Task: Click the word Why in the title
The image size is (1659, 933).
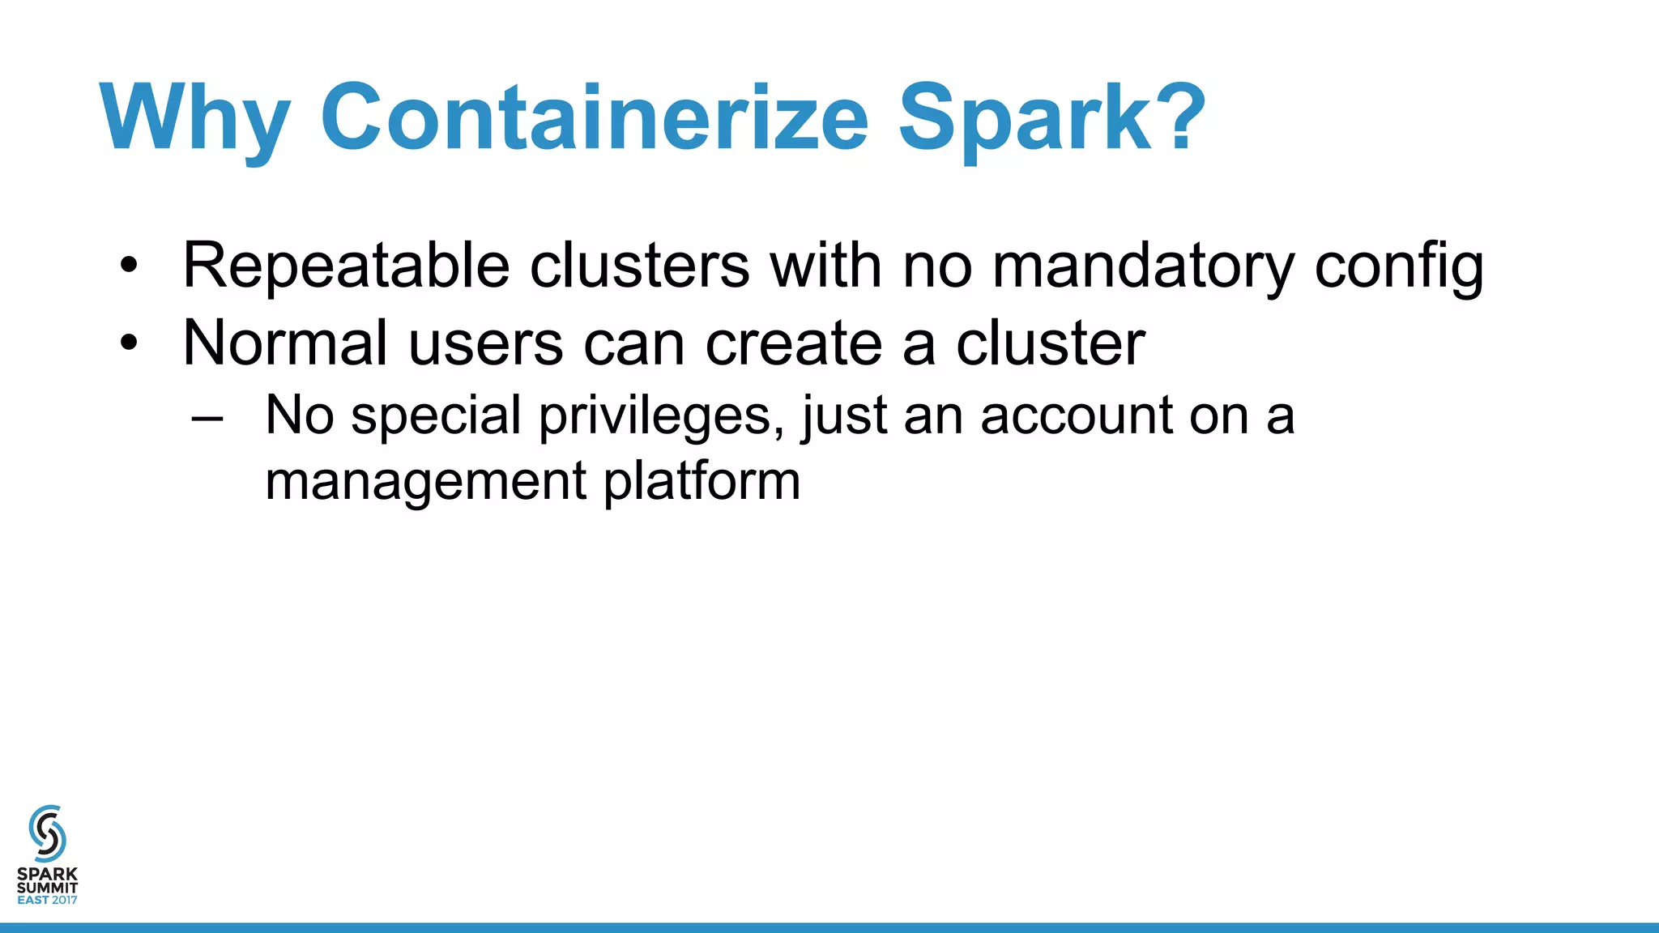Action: (x=194, y=117)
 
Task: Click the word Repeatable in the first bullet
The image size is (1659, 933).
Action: (x=346, y=266)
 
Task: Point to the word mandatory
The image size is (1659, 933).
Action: (x=1143, y=266)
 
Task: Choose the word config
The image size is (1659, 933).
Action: (x=1399, y=267)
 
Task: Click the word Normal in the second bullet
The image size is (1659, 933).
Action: (x=285, y=343)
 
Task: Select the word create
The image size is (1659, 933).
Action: (x=793, y=343)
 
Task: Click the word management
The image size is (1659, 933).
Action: (x=425, y=482)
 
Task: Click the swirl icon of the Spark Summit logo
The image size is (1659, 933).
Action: (x=47, y=833)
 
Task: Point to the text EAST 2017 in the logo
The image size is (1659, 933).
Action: (x=47, y=900)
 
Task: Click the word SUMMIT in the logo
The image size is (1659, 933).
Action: (x=47, y=888)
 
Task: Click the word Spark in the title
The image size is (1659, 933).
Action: (x=1024, y=117)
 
